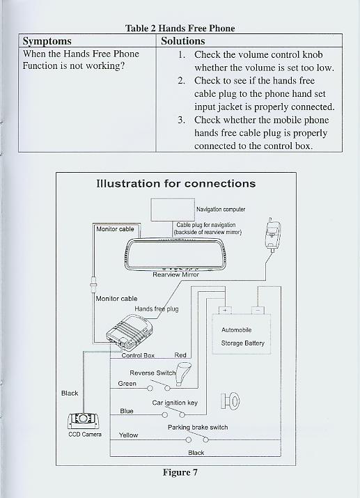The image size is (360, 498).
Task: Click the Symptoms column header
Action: point(47,41)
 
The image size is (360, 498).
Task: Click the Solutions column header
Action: point(183,41)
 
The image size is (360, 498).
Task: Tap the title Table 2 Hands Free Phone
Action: point(180,29)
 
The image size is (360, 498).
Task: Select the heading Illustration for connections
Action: point(176,184)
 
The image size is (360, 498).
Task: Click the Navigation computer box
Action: point(173,210)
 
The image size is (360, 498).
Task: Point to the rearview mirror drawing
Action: point(176,254)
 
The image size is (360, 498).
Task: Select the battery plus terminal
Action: point(225,310)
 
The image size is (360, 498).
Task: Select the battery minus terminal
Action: point(258,310)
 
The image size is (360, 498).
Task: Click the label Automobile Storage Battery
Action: point(242,336)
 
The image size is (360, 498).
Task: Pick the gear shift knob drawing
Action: point(184,374)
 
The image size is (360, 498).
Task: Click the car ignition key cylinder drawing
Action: point(230,401)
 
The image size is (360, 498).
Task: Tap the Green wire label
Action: point(127,384)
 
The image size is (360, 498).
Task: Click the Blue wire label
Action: point(127,411)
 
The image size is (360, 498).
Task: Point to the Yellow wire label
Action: point(128,435)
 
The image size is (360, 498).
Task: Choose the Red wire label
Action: point(180,355)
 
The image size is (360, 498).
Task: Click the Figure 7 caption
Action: point(180,473)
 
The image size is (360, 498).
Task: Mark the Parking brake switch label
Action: point(198,428)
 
